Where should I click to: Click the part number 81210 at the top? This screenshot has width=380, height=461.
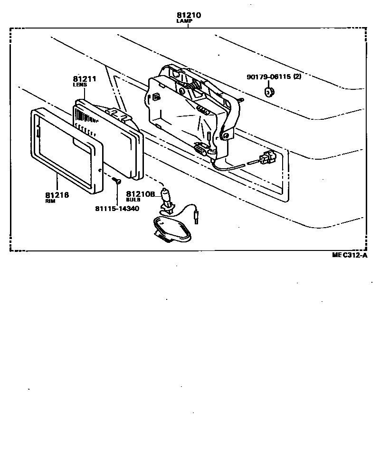(189, 15)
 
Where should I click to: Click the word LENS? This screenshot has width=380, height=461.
(80, 85)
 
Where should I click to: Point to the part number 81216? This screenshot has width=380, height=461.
(57, 195)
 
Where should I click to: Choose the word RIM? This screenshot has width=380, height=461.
(51, 202)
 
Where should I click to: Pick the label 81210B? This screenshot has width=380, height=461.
(141, 194)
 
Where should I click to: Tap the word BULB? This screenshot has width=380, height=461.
(133, 200)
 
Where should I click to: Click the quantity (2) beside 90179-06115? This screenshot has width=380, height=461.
(297, 77)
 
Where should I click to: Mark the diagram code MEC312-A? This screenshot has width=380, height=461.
(350, 255)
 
